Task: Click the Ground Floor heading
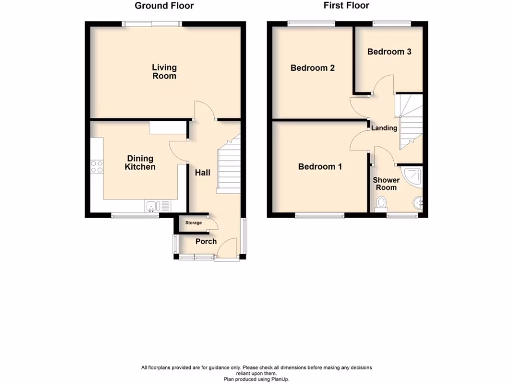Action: coord(164,6)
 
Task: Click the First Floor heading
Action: coord(346,6)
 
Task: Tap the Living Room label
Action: coord(164,72)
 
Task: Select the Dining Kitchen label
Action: coord(140,163)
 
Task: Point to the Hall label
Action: coord(203,172)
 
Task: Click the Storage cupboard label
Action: coord(193,223)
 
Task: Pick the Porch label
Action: coord(206,242)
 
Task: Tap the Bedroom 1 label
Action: coord(320,167)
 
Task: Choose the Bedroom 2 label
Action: coord(313,68)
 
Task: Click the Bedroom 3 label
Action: coord(389,52)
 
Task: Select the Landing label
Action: coord(384,128)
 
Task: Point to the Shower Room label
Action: coord(386,183)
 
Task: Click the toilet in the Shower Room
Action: coord(381,204)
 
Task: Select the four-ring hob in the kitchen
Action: coord(96,166)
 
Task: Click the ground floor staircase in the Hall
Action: coord(228,168)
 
